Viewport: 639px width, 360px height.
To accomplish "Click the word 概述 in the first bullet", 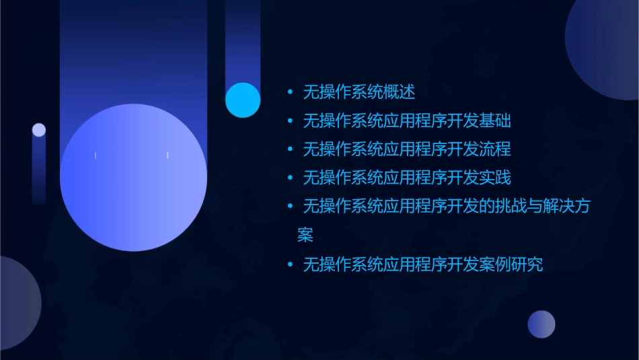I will pos(402,92).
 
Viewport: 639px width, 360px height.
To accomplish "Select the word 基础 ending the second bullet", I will pos(496,121).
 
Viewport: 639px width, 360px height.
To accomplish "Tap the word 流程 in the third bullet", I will pos(496,149).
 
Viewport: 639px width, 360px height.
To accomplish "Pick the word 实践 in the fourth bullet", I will pos(496,178).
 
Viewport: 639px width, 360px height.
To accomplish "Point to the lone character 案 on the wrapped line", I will pos(305,236).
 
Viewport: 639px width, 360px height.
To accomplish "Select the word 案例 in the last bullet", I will pos(496,264).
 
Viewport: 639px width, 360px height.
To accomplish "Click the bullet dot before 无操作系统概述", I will pos(290,92).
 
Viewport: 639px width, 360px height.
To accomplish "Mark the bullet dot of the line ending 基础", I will pos(290,121).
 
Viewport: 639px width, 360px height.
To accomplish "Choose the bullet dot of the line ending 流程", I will pos(290,149).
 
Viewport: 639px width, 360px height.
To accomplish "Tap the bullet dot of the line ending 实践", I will pos(290,178).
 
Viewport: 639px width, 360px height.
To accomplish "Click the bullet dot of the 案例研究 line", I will pos(290,264).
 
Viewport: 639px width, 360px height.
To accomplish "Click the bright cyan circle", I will pos(243,100).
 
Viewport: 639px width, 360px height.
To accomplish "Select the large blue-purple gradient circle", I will pos(133,178).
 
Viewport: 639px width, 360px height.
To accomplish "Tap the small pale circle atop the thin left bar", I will pos(39,130).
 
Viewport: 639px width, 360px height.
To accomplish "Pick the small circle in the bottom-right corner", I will pos(541,324).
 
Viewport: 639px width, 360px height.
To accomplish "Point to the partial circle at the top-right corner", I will pos(605,47).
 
